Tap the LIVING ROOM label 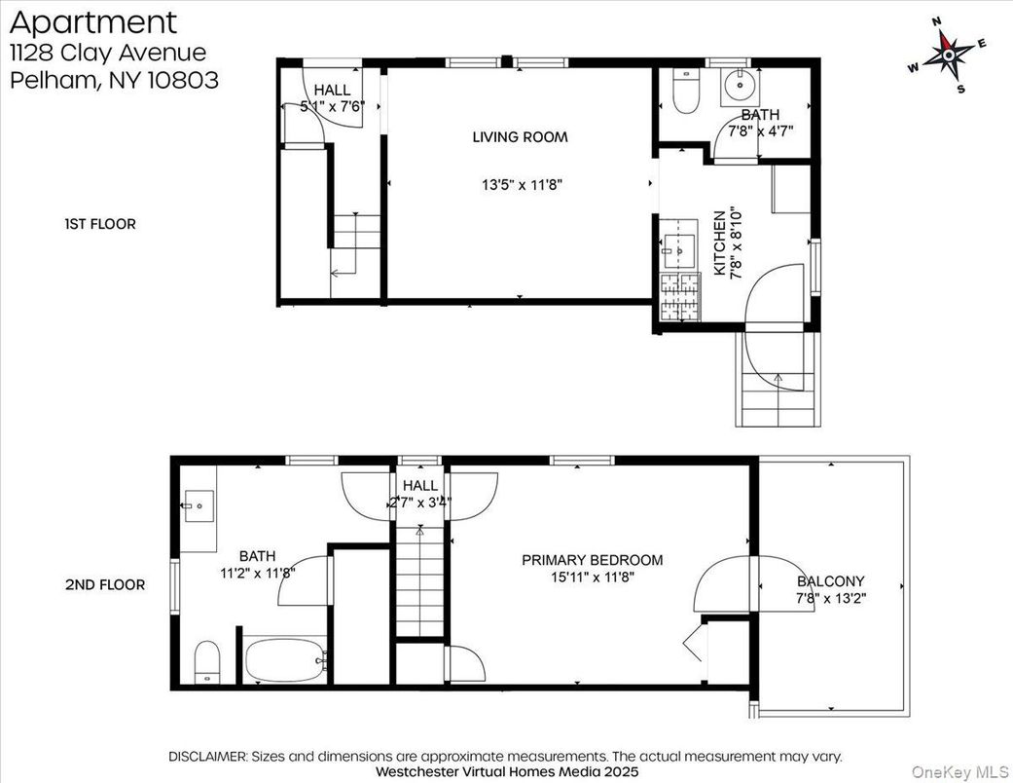(520, 137)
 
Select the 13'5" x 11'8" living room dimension (522, 184)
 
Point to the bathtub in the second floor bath (283, 661)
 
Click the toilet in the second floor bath (208, 662)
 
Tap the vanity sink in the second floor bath (199, 504)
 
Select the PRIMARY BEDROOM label (592, 560)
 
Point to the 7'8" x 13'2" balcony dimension (830, 598)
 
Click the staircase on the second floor (420, 584)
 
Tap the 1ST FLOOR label (100, 224)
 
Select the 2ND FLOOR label (105, 585)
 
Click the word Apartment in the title (93, 22)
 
